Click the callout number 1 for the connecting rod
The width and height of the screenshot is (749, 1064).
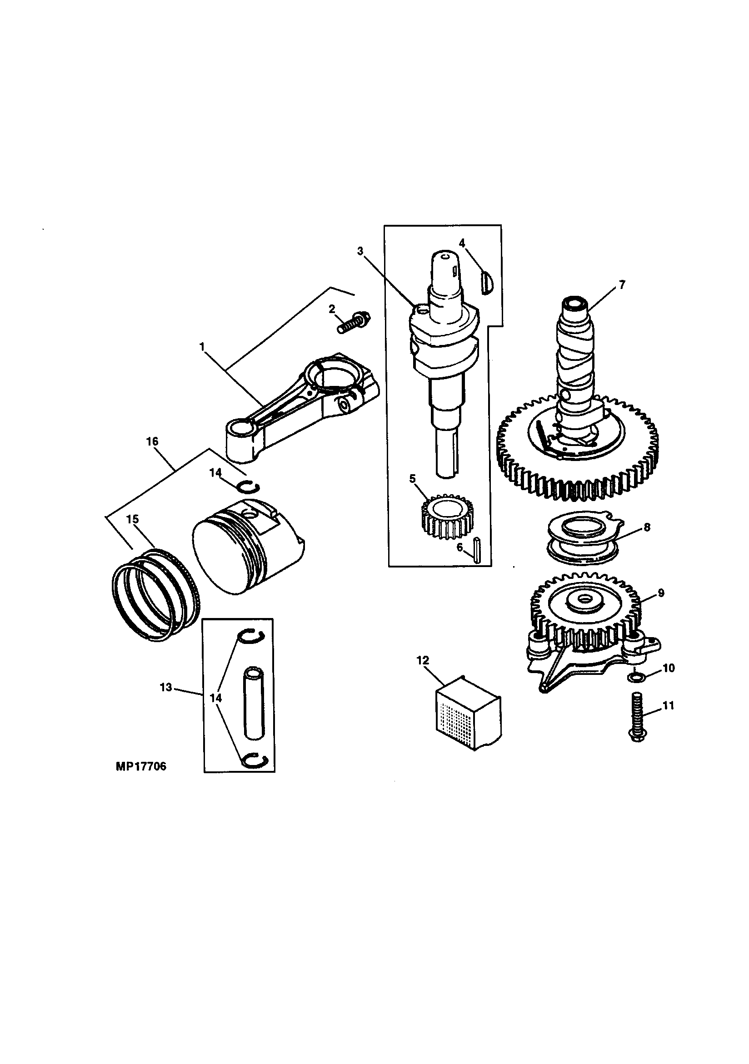click(x=201, y=346)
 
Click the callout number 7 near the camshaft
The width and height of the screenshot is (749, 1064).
click(x=622, y=284)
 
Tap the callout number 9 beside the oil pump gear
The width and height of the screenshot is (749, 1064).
click(x=660, y=593)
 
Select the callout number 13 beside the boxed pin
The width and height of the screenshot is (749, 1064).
click(x=166, y=687)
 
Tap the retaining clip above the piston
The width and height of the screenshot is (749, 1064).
click(x=249, y=486)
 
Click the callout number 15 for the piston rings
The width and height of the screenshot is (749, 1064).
click(x=132, y=520)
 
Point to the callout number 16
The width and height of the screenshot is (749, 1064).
click(x=152, y=441)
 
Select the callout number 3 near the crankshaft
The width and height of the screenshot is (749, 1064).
click(x=360, y=251)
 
